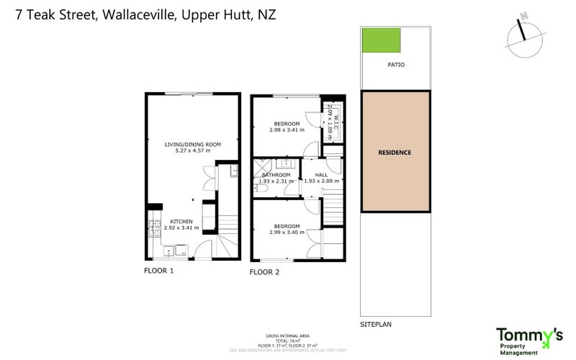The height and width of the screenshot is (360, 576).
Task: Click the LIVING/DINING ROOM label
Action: click(x=193, y=145)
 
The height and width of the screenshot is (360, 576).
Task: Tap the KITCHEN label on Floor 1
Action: click(x=181, y=221)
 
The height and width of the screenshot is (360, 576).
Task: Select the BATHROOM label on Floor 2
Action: click(x=276, y=175)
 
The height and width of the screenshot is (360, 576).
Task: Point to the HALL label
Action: click(x=321, y=175)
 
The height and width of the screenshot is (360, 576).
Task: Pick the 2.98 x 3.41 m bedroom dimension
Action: click(x=287, y=130)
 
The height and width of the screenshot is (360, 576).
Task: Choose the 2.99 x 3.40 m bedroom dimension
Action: click(x=287, y=233)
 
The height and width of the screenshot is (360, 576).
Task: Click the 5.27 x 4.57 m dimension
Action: click(x=193, y=151)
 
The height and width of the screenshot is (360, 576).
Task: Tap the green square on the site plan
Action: click(x=381, y=40)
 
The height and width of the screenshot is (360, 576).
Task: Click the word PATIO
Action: click(x=396, y=65)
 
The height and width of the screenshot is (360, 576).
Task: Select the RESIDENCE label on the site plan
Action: click(x=395, y=153)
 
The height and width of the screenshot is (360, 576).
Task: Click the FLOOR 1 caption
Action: click(x=159, y=271)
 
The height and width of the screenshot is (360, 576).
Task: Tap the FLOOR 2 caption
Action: click(x=264, y=272)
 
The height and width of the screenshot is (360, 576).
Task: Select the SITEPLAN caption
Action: click(x=377, y=325)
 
